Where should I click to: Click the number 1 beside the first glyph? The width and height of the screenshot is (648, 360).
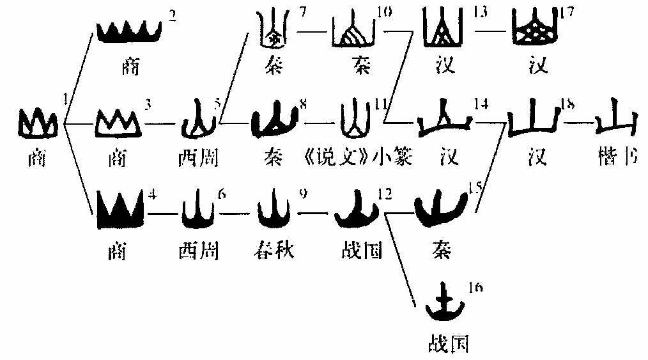click(66, 98)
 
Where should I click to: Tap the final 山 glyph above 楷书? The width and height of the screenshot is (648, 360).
click(615, 119)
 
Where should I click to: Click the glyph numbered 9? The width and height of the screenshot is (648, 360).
click(275, 212)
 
